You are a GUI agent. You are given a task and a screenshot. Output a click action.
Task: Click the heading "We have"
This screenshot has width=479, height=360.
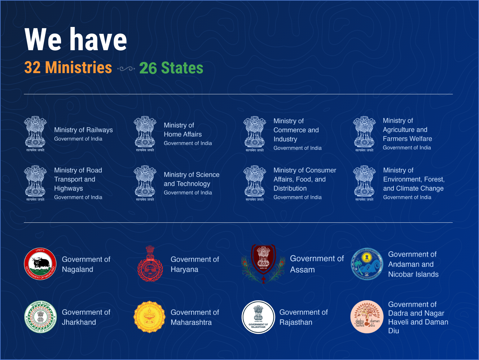76,39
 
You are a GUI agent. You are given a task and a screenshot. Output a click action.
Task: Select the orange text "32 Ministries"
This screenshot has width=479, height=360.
68,68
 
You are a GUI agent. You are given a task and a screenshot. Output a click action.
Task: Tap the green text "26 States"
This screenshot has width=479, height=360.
171,68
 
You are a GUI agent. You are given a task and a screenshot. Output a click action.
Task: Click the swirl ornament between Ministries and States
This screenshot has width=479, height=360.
126,68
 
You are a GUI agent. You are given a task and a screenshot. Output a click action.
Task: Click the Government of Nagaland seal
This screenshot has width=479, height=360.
40,264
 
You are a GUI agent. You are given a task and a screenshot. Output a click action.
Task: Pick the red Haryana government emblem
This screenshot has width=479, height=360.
150,264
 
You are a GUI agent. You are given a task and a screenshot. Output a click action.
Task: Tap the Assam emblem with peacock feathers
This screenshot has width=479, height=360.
263,264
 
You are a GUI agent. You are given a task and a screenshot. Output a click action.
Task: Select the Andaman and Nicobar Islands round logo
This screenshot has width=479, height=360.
367,264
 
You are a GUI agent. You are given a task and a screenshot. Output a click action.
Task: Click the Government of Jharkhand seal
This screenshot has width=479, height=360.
41,317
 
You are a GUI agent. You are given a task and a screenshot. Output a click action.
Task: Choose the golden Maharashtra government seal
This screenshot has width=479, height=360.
150,317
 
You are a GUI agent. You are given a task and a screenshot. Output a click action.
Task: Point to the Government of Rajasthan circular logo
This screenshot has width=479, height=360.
258,317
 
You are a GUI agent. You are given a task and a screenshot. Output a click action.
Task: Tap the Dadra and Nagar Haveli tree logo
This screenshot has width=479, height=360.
367,317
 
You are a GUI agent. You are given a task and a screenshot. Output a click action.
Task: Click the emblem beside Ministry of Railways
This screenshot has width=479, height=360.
35,134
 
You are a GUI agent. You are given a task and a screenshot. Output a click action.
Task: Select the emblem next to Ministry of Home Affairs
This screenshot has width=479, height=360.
145,134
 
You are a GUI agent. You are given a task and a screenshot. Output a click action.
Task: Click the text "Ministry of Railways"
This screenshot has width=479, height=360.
83,130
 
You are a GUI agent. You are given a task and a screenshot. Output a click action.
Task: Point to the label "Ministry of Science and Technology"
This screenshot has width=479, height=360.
191,179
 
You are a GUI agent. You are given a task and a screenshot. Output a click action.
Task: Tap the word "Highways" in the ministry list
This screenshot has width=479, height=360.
68,188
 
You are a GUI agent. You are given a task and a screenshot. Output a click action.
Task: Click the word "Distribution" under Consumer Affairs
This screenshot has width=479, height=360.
290,188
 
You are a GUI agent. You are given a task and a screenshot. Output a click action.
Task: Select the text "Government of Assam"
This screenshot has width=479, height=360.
317,264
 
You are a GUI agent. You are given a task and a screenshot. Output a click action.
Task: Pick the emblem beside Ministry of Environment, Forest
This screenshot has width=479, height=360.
364,183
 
